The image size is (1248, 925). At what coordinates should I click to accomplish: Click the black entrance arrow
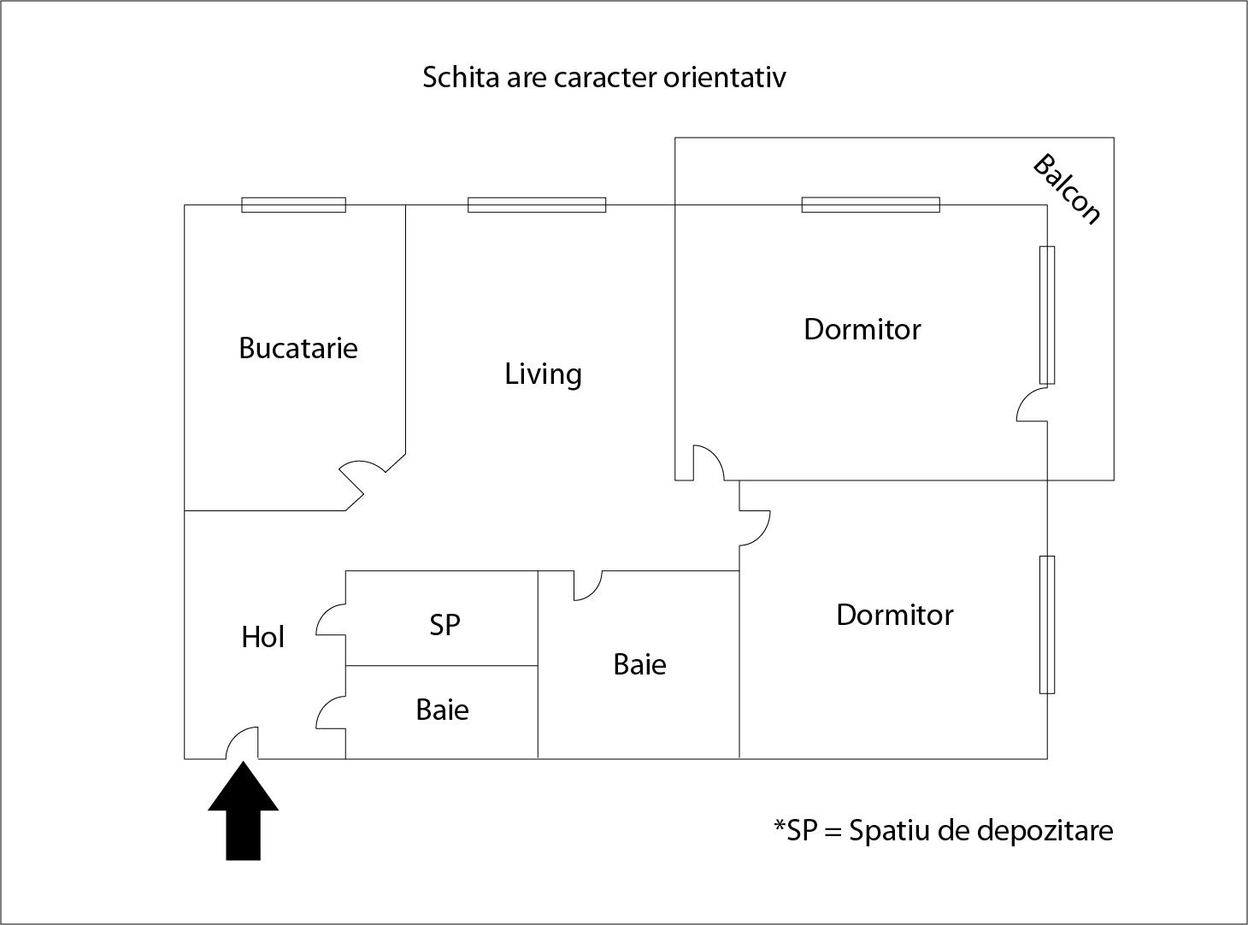tap(244, 812)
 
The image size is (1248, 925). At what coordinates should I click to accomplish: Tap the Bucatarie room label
tap(297, 348)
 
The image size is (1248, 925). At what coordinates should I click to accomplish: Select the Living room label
tap(543, 374)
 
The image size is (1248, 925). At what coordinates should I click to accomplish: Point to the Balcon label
tap(1067, 189)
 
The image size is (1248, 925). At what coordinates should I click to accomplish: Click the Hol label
tap(262, 637)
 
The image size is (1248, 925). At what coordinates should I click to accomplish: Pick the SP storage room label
tap(444, 625)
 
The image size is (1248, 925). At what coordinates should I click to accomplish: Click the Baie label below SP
tap(442, 710)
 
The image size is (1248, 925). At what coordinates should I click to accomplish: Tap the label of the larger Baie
tap(639, 664)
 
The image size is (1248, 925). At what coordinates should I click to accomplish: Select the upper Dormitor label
tap(862, 329)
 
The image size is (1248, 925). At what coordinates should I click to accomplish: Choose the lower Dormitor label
tap(894, 615)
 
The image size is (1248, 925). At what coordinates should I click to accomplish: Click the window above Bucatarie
tap(293, 205)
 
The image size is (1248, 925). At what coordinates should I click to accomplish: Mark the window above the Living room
tap(537, 205)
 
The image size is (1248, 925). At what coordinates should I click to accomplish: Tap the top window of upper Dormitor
tap(870, 205)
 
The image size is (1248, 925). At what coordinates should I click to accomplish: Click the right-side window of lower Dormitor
tap(1047, 624)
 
